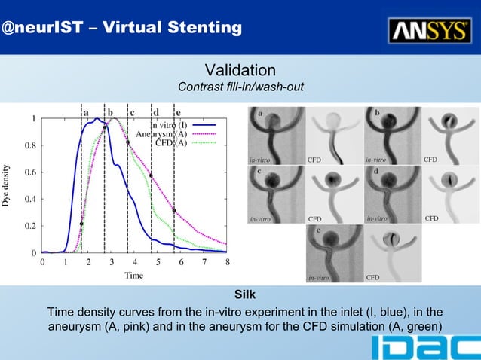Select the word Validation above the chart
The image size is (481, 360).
240,71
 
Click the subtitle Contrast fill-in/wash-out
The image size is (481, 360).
240,88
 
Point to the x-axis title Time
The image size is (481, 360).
133,276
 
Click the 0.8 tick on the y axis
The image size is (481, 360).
27,145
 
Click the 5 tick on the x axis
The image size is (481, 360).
158,262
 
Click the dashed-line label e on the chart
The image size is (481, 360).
178,112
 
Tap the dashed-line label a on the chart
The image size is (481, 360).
86,112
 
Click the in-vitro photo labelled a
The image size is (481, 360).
275,136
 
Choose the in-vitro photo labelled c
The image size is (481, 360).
275,194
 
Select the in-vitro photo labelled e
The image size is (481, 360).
333,253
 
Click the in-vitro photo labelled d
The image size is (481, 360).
392,194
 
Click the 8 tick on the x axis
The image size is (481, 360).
227,262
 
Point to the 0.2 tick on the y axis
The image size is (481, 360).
27,226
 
